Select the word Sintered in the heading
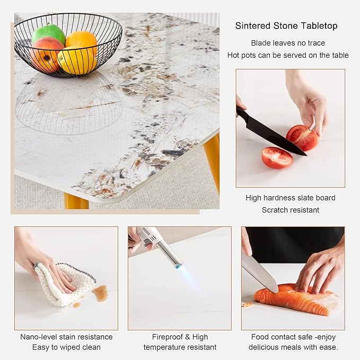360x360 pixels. click(x=253, y=25)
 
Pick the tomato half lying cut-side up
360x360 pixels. click(x=277, y=157)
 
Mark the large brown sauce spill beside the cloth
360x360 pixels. click(x=100, y=293)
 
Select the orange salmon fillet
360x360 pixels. click(x=296, y=298)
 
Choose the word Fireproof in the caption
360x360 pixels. click(x=168, y=337)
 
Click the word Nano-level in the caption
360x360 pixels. click(x=39, y=337)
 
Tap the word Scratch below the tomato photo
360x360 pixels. click(x=275, y=210)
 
